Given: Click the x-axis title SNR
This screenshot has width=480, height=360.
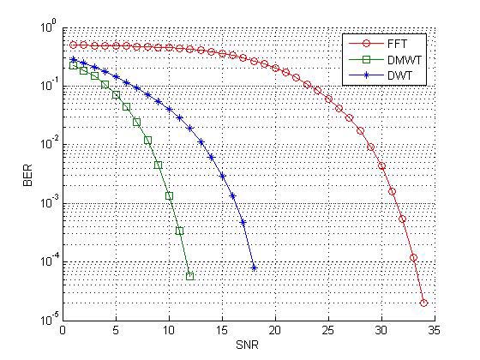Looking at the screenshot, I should (249, 347).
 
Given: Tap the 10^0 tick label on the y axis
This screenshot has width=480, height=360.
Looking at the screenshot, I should (48, 29).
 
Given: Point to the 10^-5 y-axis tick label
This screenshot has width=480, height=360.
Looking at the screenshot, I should (47, 321).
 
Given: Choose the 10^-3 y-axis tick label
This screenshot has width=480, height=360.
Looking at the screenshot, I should (47, 204).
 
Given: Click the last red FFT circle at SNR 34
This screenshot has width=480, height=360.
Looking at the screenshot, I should (423, 303).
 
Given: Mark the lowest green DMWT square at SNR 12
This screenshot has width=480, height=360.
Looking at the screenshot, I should (189, 276).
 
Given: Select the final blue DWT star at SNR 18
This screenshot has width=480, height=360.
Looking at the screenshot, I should (254, 267).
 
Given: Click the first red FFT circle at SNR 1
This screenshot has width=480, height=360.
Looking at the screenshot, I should (73, 45).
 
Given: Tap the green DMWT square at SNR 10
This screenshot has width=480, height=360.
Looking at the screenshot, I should (169, 195).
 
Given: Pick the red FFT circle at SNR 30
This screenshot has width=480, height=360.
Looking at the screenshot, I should (381, 165).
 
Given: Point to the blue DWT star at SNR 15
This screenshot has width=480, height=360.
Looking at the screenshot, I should (222, 176).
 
